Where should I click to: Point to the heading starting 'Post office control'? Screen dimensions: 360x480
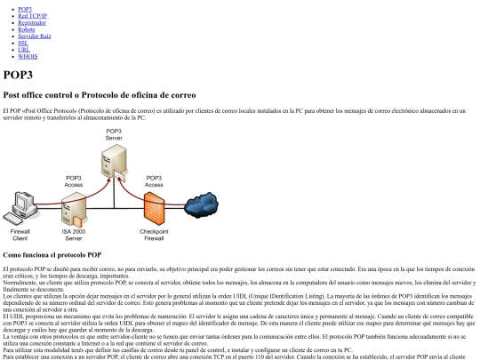pyautogui.click(x=100, y=95)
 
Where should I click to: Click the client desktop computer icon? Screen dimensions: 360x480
pyautogui.click(x=20, y=211)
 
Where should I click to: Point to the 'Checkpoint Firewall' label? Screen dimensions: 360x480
pyautogui.click(x=154, y=236)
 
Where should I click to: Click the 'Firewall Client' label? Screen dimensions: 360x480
pyautogui.click(x=20, y=236)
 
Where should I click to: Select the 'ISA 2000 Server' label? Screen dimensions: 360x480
pyautogui.click(x=73, y=236)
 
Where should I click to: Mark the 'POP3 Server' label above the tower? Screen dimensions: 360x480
pyautogui.click(x=114, y=134)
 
